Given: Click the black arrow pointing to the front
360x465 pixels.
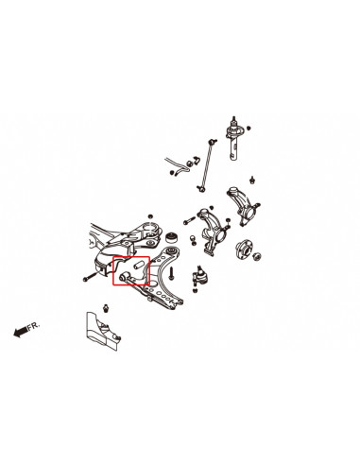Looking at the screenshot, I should pos(18,331).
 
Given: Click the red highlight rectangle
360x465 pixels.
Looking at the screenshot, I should pos(131,269).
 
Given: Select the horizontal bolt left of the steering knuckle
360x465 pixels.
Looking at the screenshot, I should pos(188,221).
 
